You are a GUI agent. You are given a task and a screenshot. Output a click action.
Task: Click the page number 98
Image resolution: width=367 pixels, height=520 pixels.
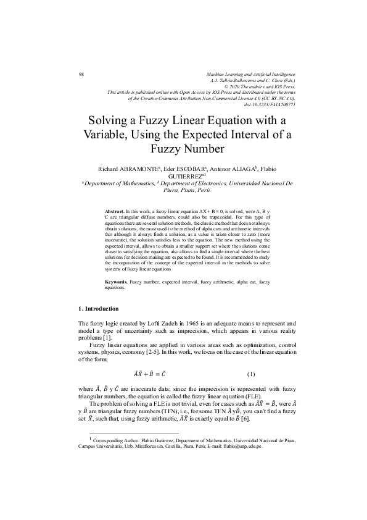[x=81, y=74]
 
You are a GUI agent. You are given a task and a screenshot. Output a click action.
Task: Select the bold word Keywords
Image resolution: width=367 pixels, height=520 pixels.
[x=118, y=282]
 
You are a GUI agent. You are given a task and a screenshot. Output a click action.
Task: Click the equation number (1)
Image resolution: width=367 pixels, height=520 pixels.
[x=250, y=374]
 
